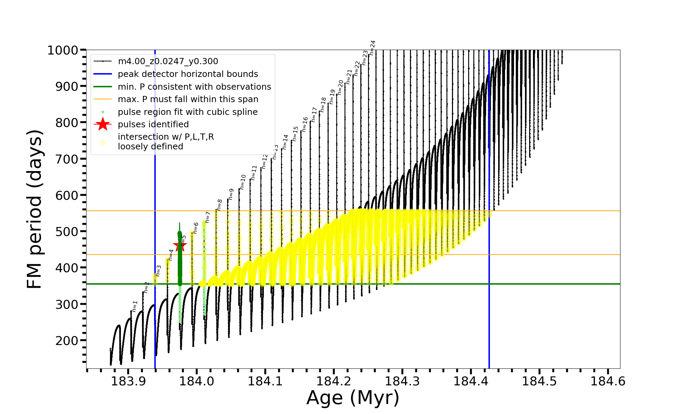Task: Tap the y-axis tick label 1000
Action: coord(63,50)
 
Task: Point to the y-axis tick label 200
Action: coord(67,341)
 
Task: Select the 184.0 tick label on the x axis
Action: coord(197,382)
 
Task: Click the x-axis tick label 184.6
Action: coord(608,382)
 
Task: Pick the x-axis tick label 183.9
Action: coord(128,382)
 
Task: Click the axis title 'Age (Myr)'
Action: coord(353,398)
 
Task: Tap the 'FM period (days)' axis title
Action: coord(35,209)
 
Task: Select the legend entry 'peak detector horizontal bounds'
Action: coord(188,74)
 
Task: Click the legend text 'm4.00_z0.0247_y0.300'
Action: coord(168,61)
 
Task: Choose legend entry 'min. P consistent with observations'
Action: coord(194,87)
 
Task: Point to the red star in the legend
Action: coord(103,124)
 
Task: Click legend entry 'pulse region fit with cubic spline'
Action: coord(187,112)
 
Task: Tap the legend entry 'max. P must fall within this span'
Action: coord(188,99)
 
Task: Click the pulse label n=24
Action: coord(372,48)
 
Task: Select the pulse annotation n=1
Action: coord(135,306)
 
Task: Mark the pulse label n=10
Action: coord(243,182)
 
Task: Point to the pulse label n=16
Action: coord(305,124)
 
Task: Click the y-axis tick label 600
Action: coord(67,195)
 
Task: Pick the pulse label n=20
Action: coord(340,87)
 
